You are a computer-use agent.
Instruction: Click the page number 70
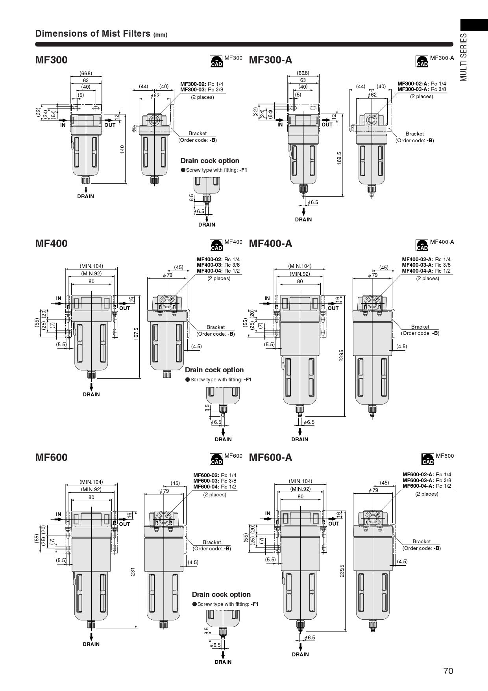(x=448, y=671)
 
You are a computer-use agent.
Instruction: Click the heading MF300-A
(x=270, y=60)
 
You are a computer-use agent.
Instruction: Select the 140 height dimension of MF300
(x=122, y=149)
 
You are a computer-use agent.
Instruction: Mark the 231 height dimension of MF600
(x=133, y=572)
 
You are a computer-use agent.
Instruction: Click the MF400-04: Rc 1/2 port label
(x=218, y=271)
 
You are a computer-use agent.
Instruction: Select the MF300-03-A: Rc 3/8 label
(x=421, y=89)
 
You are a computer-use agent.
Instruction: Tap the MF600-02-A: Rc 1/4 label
(x=427, y=474)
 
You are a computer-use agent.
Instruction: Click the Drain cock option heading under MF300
(x=210, y=161)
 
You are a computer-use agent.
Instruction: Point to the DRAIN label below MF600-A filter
(x=300, y=654)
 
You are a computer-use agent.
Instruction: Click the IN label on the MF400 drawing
(x=59, y=298)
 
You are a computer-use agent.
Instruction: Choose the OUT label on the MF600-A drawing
(x=334, y=524)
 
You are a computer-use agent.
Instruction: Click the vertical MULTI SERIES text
(x=464, y=57)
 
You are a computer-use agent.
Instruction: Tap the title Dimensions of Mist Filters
(x=94, y=33)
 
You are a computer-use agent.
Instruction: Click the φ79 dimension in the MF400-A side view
(x=373, y=275)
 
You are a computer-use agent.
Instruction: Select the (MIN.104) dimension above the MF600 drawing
(x=91, y=482)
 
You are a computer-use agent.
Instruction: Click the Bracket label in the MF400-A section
(x=420, y=327)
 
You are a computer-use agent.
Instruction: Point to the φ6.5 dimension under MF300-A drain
(x=313, y=202)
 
